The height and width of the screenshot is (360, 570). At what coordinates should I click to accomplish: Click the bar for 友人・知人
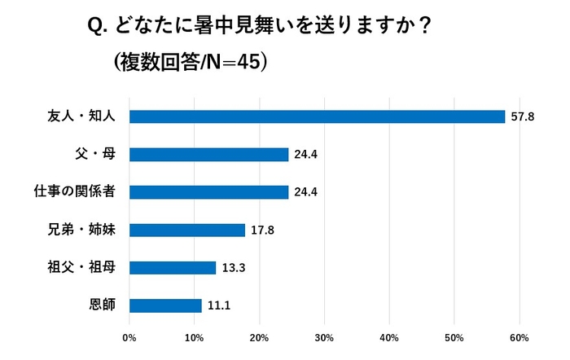pyautogui.click(x=318, y=116)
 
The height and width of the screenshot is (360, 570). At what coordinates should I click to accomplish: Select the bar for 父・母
pyautogui.click(x=209, y=155)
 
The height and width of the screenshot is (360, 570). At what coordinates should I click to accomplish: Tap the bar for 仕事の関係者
pyautogui.click(x=209, y=192)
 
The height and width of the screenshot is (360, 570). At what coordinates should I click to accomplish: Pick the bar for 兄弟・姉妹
pyautogui.click(x=187, y=230)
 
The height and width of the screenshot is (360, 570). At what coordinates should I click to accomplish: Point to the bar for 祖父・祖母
pyautogui.click(x=173, y=268)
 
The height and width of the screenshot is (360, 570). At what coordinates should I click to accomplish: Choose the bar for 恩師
pyautogui.click(x=165, y=305)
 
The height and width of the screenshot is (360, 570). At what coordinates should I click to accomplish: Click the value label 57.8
pyautogui.click(x=522, y=117)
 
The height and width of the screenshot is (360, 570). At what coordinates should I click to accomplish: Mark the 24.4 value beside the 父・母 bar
pyautogui.click(x=305, y=155)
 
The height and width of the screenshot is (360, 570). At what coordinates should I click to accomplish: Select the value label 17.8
pyautogui.click(x=261, y=230)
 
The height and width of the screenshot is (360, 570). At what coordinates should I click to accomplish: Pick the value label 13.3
pyautogui.click(x=232, y=268)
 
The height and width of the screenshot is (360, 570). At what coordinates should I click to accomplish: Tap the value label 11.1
pyautogui.click(x=217, y=306)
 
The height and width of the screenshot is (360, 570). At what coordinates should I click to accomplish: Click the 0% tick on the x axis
pyautogui.click(x=129, y=337)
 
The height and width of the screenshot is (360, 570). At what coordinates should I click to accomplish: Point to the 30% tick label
pyautogui.click(x=324, y=337)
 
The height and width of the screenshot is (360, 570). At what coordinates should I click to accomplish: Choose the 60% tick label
pyautogui.click(x=519, y=337)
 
